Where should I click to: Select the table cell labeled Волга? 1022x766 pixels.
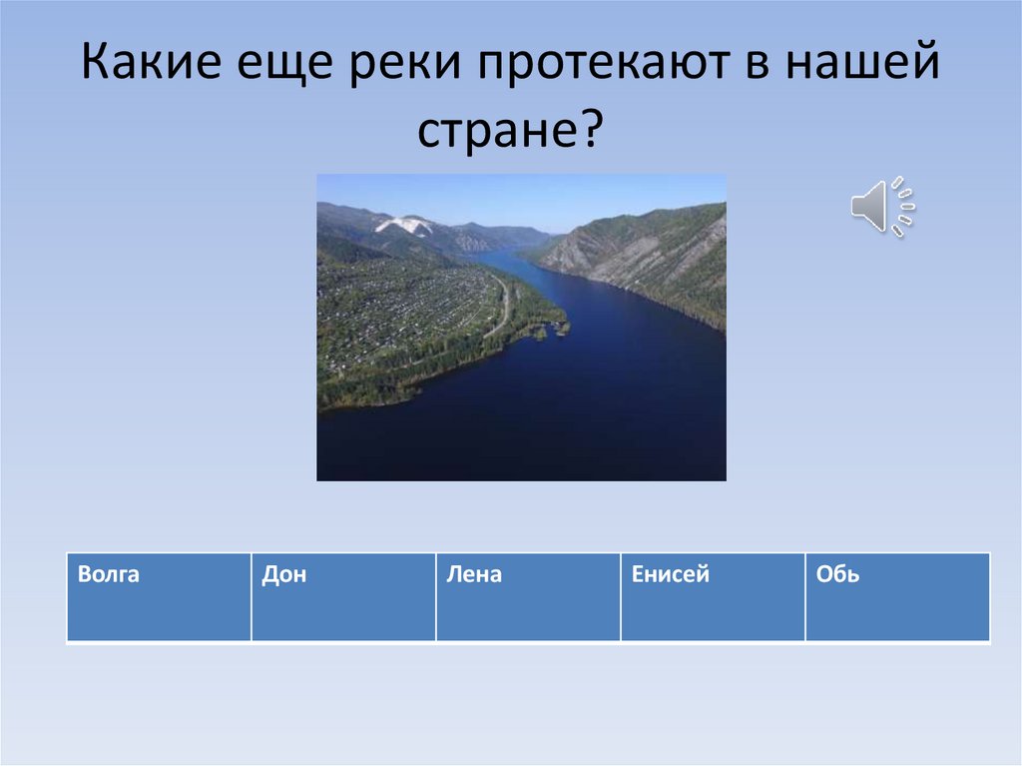tap(159, 597)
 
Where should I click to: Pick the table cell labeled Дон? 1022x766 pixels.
tap(343, 597)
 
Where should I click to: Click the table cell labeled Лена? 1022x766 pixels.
tap(528, 597)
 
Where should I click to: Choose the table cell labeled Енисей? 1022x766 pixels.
tap(713, 597)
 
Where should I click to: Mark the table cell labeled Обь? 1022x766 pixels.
tap(897, 597)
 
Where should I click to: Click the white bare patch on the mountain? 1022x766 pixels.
tap(404, 226)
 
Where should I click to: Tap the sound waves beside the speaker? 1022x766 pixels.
tap(904, 207)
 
